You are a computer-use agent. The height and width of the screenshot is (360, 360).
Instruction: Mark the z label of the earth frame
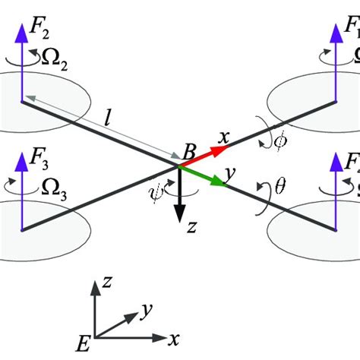tap(110, 282)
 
